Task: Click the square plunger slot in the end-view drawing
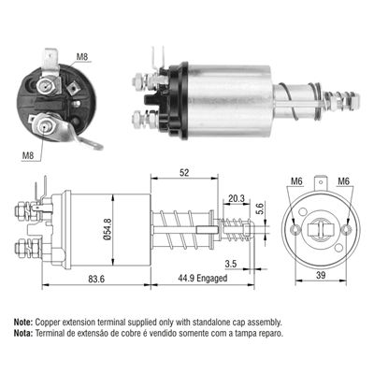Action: point(322,228)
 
